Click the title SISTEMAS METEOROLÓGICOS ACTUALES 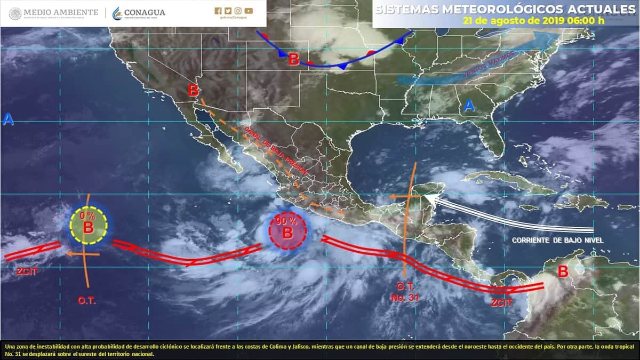(505, 10)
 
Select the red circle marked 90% (288, 231)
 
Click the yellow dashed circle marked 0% (89, 226)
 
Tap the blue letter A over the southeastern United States (469, 106)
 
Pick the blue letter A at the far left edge (7, 120)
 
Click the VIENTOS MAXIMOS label (489, 65)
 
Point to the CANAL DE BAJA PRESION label (275, 151)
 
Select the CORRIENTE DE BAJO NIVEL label (557, 241)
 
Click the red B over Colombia (563, 271)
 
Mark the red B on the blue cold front (293, 59)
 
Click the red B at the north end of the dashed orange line (193, 91)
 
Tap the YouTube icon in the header (249, 11)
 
